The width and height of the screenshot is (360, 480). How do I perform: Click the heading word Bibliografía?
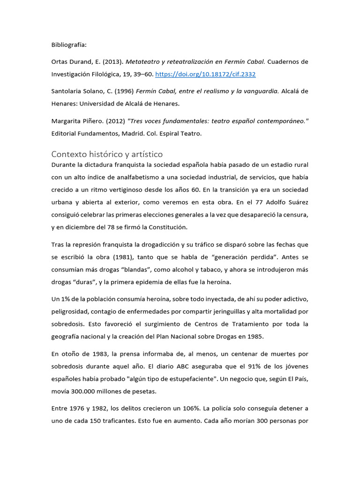point(69,45)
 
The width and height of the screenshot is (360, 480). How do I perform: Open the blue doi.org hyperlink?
point(205,74)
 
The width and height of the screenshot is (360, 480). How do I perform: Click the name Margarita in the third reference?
point(68,121)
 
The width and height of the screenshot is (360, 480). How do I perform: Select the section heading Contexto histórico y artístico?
point(107,154)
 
